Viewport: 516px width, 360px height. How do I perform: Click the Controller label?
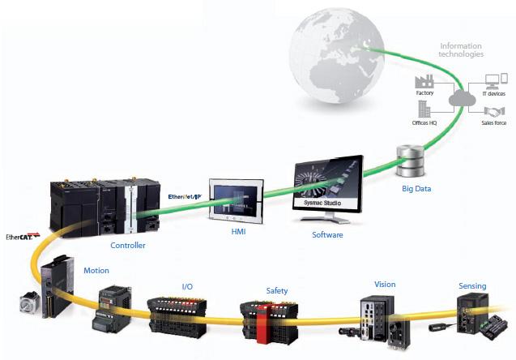click(128, 245)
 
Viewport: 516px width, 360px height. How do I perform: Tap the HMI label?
click(238, 232)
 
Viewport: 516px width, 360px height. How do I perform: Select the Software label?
click(327, 235)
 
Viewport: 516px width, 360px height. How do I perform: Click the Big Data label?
click(416, 189)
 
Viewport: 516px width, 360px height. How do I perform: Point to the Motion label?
click(96, 271)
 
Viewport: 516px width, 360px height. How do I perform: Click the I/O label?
click(187, 286)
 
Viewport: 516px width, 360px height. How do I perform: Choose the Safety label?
click(277, 291)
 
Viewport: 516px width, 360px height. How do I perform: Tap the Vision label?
click(385, 285)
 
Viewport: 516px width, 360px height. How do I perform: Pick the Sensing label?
click(472, 286)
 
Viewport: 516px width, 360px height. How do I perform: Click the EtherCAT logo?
click(23, 236)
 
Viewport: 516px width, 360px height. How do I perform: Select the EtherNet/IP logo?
click(185, 197)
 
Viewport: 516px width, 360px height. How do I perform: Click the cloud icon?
click(462, 98)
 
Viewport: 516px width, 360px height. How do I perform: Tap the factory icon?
click(424, 81)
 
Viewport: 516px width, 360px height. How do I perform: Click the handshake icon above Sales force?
click(494, 112)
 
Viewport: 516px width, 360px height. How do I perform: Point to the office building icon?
click(424, 109)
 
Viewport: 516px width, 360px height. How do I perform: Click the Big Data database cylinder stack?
click(411, 161)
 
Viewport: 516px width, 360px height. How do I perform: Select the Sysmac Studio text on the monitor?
click(322, 203)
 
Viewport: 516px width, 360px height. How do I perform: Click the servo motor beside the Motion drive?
click(30, 302)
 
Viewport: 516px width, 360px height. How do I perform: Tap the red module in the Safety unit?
click(263, 324)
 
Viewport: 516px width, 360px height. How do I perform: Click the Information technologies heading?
click(461, 50)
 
